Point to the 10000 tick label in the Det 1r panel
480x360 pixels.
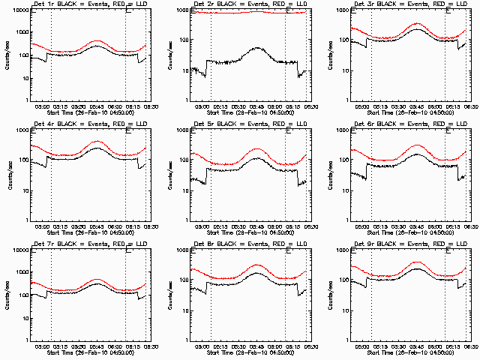pyautogui.click(x=19, y=10)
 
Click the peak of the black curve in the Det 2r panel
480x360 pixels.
pyautogui.click(x=256, y=48)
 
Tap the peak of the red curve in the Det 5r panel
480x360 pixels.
pyautogui.click(x=256, y=148)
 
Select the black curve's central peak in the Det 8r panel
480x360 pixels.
pyautogui.click(x=256, y=273)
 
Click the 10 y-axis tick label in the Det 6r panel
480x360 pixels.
pyautogui.click(x=344, y=190)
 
